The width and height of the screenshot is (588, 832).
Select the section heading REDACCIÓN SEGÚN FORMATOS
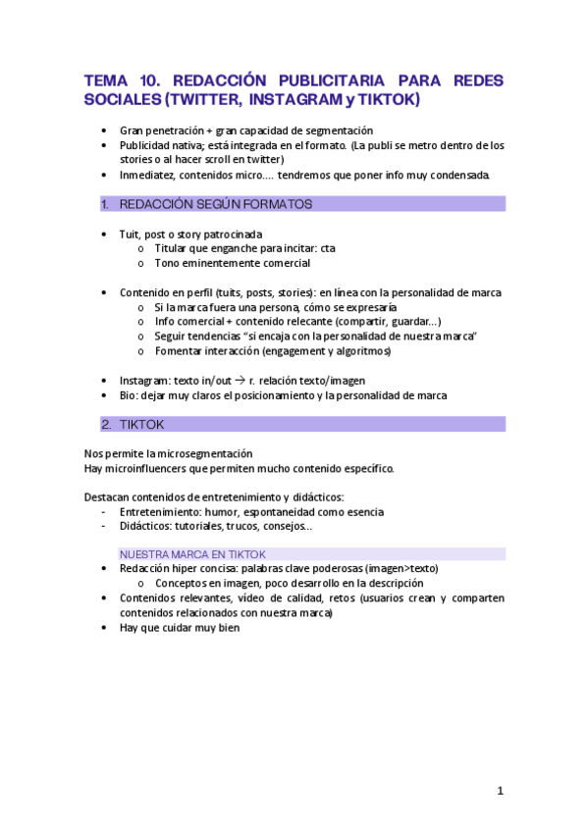click(x=215, y=204)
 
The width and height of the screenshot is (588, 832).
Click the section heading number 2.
click(x=105, y=424)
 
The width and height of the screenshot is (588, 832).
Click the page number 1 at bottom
click(x=500, y=790)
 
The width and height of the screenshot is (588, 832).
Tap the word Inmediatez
click(x=148, y=175)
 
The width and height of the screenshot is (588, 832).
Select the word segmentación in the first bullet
click(x=338, y=130)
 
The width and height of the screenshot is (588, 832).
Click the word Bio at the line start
click(x=129, y=395)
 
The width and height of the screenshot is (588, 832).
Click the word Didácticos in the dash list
click(x=147, y=526)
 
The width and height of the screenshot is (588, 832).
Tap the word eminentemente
click(x=222, y=263)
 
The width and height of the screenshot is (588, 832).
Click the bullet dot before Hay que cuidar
click(x=105, y=628)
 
